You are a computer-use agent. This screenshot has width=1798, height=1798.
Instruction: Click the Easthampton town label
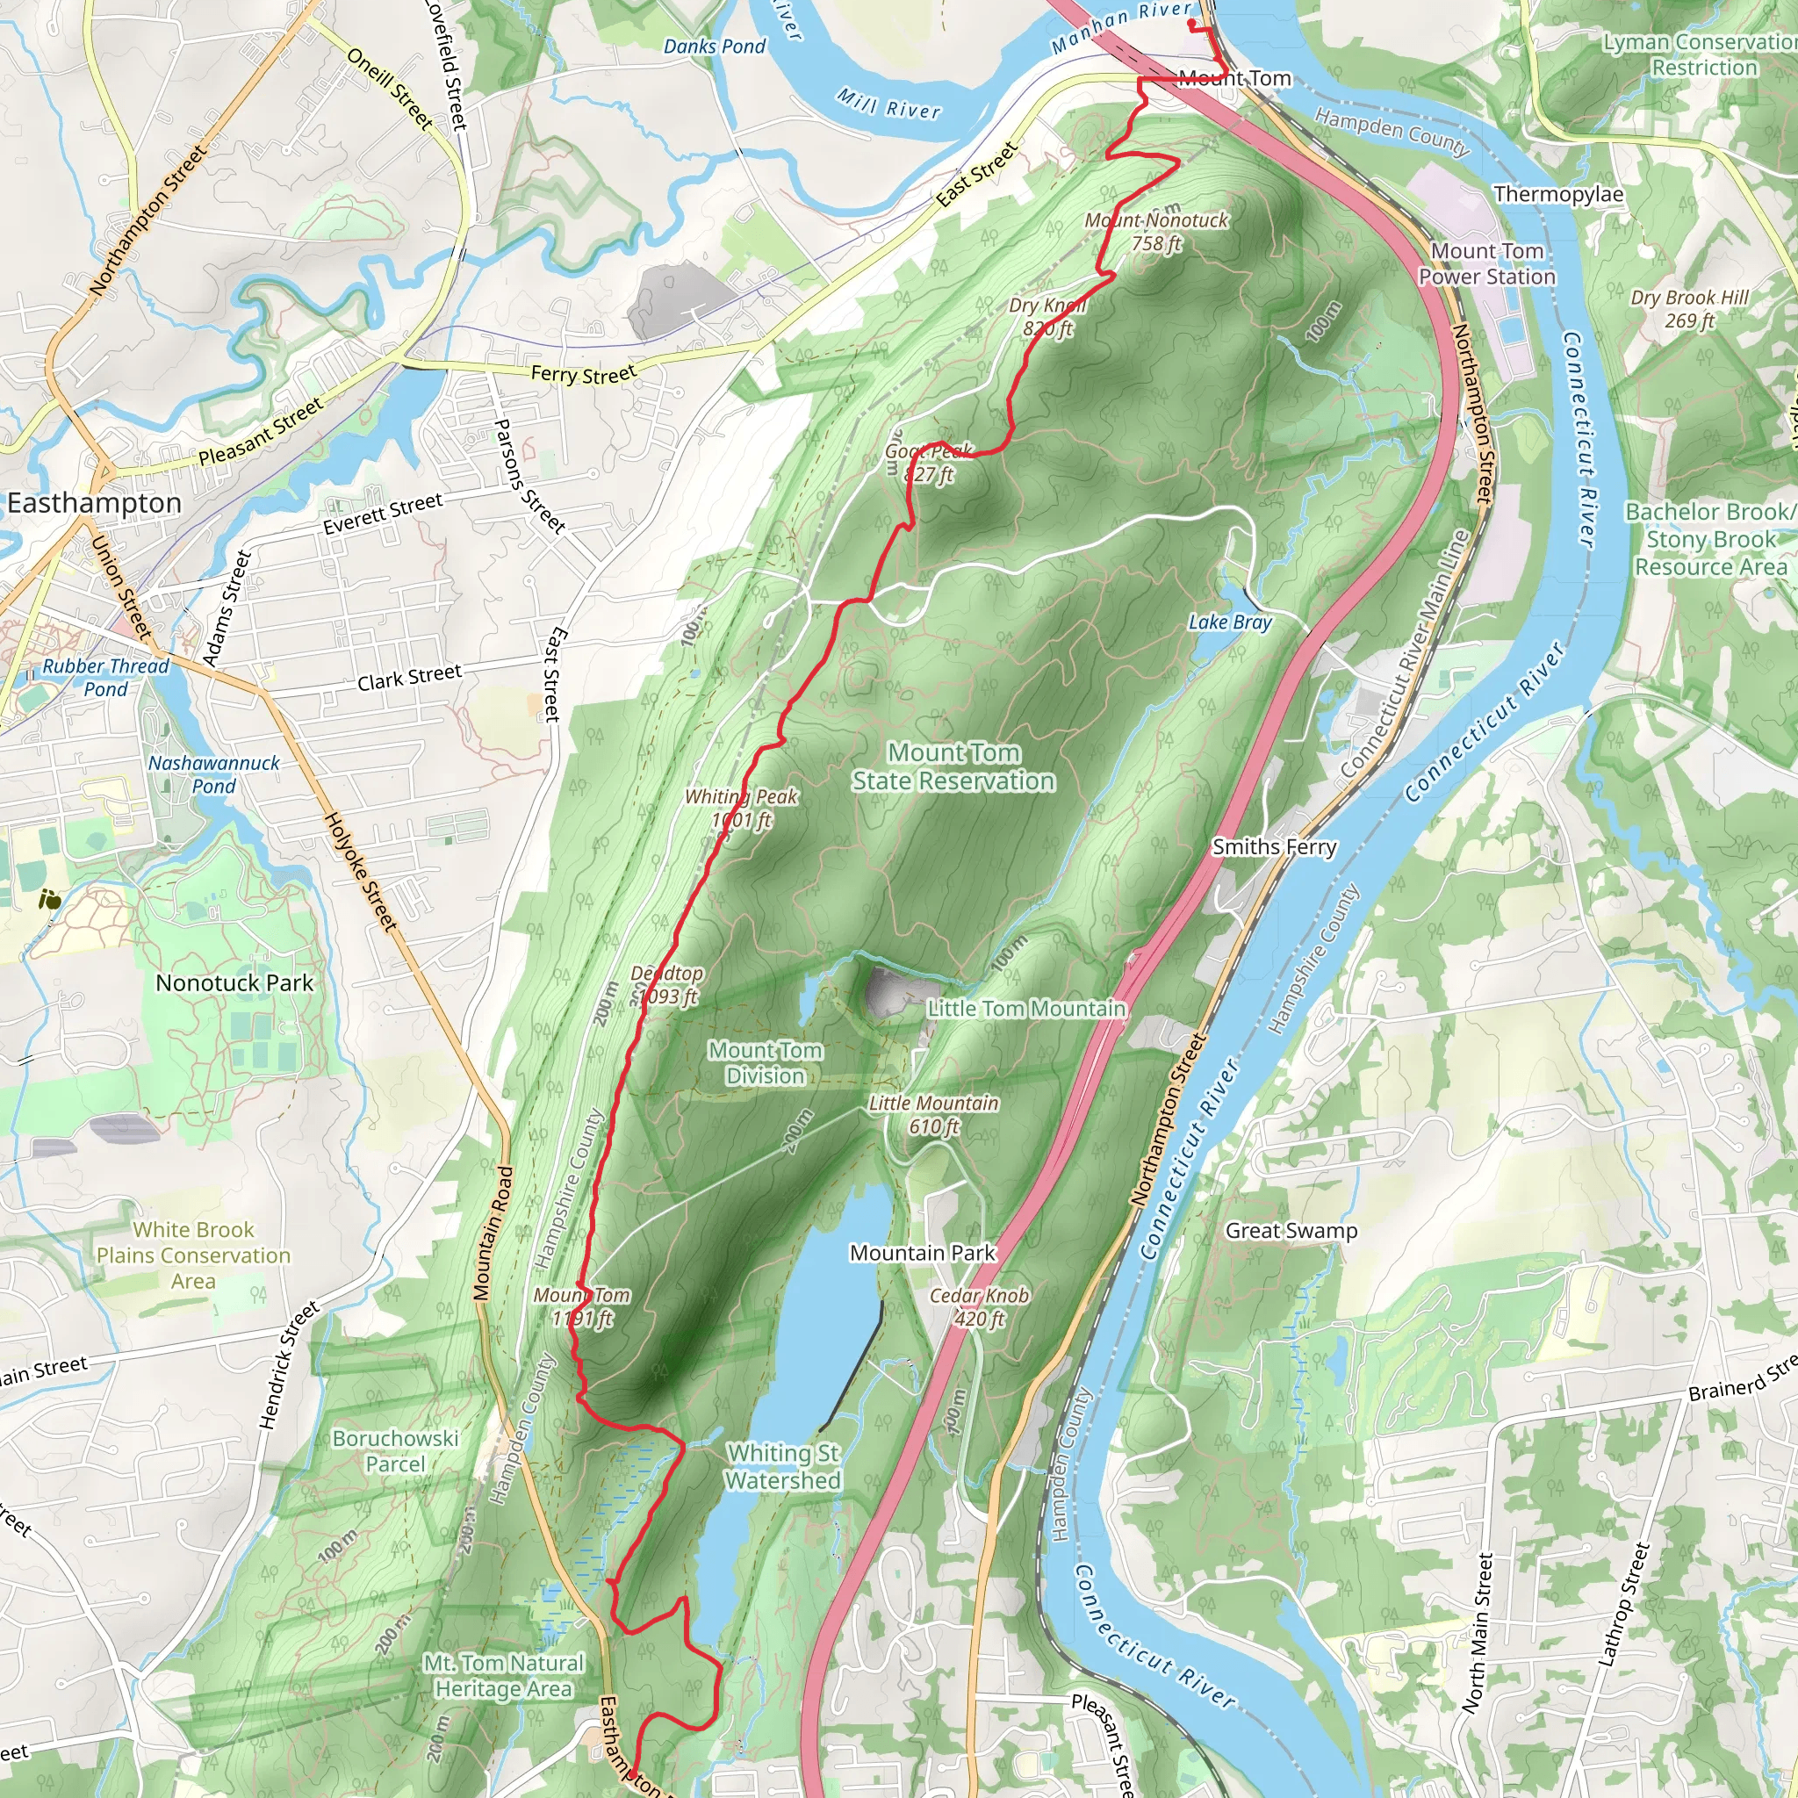coord(94,503)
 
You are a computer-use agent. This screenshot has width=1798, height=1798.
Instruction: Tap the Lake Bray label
coord(1229,622)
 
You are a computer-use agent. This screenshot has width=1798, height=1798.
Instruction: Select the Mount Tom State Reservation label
coord(954,766)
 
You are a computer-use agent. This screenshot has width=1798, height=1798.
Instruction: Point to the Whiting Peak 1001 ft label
coord(742,809)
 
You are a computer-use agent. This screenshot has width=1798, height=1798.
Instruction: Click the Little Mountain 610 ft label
coord(933,1115)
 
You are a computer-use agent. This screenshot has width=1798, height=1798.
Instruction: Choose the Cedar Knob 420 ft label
coord(979,1306)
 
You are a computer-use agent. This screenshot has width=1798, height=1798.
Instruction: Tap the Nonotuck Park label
coord(234,982)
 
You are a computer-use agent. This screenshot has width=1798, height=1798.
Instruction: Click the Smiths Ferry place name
coord(1274,847)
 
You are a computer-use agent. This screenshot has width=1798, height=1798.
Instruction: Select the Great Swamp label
coord(1291,1230)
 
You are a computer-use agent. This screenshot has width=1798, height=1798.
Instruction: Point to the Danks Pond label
coord(714,47)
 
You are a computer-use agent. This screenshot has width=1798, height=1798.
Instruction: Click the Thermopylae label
coord(1558,195)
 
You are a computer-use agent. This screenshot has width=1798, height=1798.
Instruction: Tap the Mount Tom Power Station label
coord(1486,264)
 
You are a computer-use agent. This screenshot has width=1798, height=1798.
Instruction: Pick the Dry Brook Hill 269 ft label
coord(1689,309)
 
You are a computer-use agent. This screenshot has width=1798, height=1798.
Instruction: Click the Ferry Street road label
coord(584,374)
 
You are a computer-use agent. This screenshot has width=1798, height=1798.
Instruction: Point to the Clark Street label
coord(409,678)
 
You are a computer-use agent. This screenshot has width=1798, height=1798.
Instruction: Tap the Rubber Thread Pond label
coord(106,678)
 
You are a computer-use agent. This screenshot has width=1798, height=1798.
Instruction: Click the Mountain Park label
coord(923,1253)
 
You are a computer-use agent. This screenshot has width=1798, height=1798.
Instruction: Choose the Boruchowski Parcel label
coord(396,1451)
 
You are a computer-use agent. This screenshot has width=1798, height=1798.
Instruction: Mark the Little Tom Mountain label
coord(1026,1009)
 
